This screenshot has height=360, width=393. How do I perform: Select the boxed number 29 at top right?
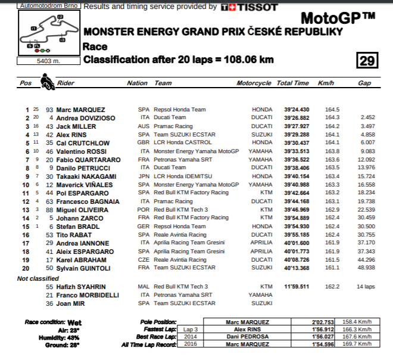click(x=367, y=60)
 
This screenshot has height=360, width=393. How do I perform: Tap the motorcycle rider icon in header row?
click(x=46, y=82)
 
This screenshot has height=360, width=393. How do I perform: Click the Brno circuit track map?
click(x=44, y=33)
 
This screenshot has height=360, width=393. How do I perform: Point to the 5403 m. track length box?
click(x=44, y=60)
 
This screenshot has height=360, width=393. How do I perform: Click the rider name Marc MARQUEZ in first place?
click(x=80, y=110)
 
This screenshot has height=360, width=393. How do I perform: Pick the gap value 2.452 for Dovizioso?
click(x=367, y=118)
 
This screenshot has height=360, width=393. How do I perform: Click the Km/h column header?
click(x=326, y=83)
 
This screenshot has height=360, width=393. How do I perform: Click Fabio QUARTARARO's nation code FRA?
click(x=144, y=160)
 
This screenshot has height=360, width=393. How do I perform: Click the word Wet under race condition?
click(x=74, y=322)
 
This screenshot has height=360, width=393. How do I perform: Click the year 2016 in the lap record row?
click(x=190, y=345)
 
